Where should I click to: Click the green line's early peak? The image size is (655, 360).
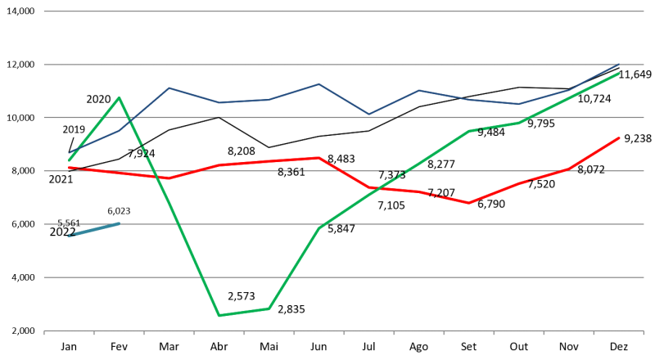pyautogui.click(x=119, y=98)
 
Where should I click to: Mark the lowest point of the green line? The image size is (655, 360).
pyautogui.click(x=219, y=315)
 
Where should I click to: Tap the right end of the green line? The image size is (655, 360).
pyautogui.click(x=619, y=74)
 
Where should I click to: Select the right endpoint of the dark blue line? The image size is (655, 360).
pyautogui.click(x=619, y=64)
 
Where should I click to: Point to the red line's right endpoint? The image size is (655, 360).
pyautogui.click(x=619, y=138)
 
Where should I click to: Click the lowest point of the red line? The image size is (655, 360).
pyautogui.click(x=468, y=203)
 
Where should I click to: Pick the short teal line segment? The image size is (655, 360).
pyautogui.click(x=93, y=229)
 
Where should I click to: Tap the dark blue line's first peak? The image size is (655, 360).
pyautogui.click(x=169, y=88)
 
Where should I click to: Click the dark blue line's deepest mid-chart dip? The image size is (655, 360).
pyautogui.click(x=368, y=115)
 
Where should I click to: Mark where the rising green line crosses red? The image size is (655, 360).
pyautogui.click(x=378, y=189)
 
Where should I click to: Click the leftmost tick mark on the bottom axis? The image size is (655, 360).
pyautogui.click(x=44, y=332)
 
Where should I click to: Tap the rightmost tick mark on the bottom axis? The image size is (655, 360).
pyautogui.click(x=644, y=332)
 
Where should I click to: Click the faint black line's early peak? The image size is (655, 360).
pyautogui.click(x=219, y=116)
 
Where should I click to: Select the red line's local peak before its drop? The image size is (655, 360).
pyautogui.click(x=318, y=158)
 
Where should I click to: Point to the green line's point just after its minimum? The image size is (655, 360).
pyautogui.click(x=269, y=308)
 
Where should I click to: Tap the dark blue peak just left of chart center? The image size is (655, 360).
pyautogui.click(x=318, y=83)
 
